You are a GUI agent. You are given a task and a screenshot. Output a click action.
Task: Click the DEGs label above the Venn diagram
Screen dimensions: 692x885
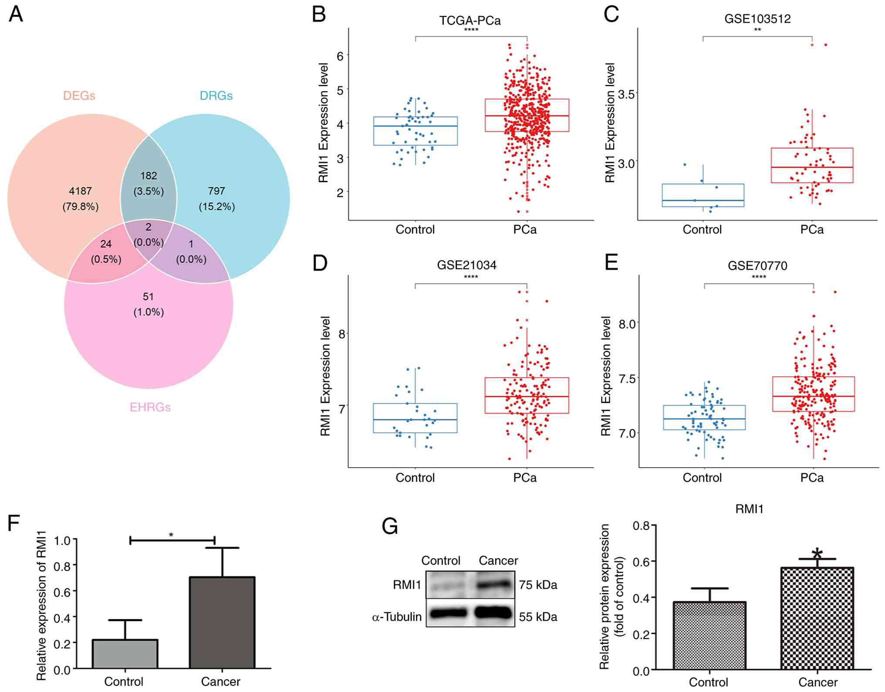click(x=79, y=95)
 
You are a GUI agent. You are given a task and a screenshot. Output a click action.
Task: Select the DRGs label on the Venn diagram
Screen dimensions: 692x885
click(x=216, y=95)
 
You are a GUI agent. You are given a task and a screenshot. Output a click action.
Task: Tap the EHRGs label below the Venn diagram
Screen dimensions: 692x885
click(x=150, y=407)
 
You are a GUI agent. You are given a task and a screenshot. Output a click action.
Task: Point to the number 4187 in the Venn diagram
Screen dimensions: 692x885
click(x=81, y=191)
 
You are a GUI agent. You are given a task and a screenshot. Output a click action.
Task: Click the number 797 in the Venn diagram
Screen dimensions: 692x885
click(x=216, y=191)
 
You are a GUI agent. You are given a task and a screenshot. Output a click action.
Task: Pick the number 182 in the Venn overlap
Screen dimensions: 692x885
click(x=149, y=176)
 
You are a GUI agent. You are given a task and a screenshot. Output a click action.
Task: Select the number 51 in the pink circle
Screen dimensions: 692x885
click(x=149, y=297)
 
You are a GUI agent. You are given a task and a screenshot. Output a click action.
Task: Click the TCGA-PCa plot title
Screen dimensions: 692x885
click(x=470, y=20)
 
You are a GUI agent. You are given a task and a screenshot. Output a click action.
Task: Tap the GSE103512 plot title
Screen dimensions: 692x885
click(x=757, y=19)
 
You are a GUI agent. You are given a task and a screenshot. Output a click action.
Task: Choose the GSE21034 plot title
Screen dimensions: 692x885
click(x=466, y=265)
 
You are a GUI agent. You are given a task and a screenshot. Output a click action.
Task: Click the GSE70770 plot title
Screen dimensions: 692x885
click(x=757, y=265)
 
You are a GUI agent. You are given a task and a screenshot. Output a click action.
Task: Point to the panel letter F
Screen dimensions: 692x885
click(x=14, y=522)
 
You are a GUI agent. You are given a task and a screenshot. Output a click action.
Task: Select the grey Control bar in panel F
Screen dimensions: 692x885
click(x=125, y=654)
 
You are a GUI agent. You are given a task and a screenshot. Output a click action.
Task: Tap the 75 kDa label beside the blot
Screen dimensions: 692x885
click(x=538, y=585)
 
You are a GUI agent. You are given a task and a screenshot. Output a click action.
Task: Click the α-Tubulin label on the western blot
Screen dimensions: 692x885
click(x=397, y=617)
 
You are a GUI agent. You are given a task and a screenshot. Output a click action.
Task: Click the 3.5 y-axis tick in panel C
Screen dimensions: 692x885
click(x=627, y=94)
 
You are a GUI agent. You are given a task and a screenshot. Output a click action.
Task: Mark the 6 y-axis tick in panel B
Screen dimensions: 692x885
click(x=340, y=55)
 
